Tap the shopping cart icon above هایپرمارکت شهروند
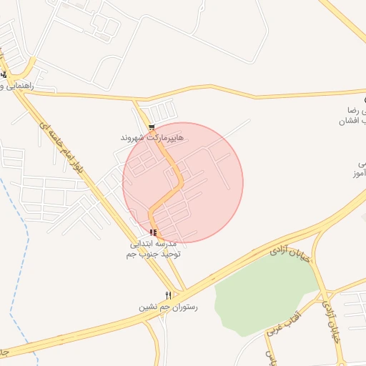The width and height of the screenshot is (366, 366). (152, 127)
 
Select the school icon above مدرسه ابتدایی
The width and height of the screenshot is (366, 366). (153, 232)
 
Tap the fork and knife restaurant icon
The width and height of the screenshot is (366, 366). (169, 295)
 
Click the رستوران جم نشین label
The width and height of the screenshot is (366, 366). (168, 307)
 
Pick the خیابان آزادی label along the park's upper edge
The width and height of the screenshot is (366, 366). (292, 254)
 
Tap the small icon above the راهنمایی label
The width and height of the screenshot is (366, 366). (4, 74)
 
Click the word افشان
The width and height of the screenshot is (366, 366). (356, 121)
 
